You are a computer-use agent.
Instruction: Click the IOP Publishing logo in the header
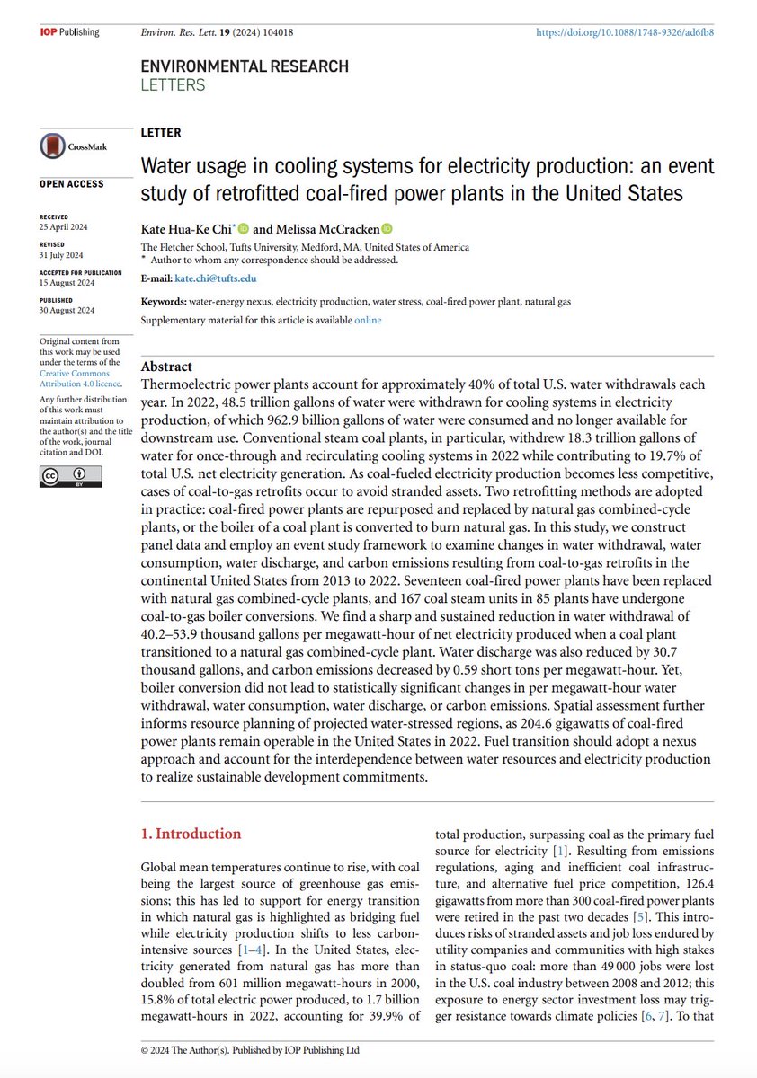[x=69, y=32]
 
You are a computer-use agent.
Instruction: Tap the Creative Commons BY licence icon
[x=63, y=475]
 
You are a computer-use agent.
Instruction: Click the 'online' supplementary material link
[x=367, y=320]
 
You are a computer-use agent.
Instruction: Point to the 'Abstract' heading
[x=167, y=367]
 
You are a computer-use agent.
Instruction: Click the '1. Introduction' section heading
[x=191, y=834]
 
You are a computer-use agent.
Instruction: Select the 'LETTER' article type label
[x=160, y=132]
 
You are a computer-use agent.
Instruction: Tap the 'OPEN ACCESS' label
[x=72, y=184]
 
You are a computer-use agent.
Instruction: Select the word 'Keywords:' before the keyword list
[x=164, y=302]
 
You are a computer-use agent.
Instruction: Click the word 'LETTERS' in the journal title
[x=174, y=85]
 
